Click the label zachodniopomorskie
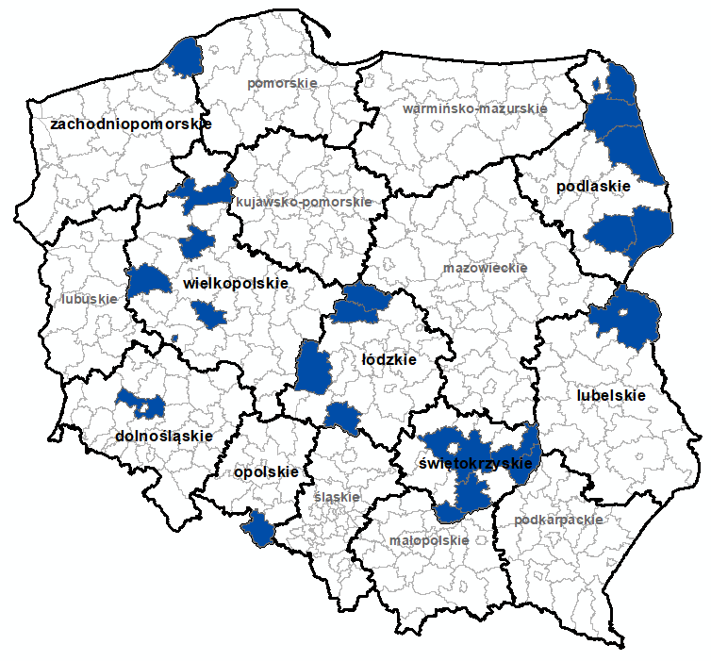pyautogui.click(x=131, y=124)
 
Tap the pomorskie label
pyautogui.click(x=282, y=83)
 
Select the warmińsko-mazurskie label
pyautogui.click(x=474, y=108)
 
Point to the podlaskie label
pyautogui.click(x=592, y=187)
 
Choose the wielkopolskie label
pyautogui.click(x=236, y=283)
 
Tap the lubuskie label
pyautogui.click(x=90, y=299)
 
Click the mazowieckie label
pyautogui.click(x=485, y=268)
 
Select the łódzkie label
pyautogui.click(x=389, y=359)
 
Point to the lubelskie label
pyautogui.click(x=611, y=396)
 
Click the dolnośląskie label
pyautogui.click(x=162, y=437)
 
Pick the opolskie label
pyautogui.click(x=266, y=471)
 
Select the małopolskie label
pyautogui.click(x=428, y=541)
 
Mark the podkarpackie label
pyautogui.click(x=558, y=520)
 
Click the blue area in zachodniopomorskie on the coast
pyautogui.click(x=185, y=59)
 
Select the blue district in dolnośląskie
pyautogui.click(x=141, y=404)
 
